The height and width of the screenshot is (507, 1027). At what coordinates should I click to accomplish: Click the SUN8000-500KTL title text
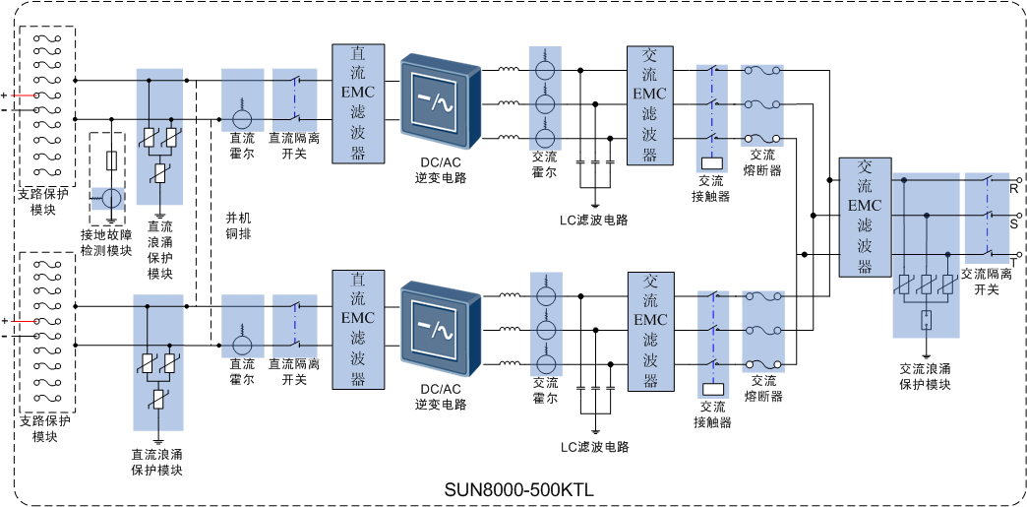click(x=518, y=488)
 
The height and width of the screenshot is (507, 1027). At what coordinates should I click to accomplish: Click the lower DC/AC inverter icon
click(x=440, y=329)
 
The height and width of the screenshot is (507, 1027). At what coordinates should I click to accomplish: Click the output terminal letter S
click(x=1013, y=222)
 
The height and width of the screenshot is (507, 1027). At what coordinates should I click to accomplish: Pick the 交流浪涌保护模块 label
click(x=925, y=376)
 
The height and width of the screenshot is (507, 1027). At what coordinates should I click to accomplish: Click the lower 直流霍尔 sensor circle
click(x=242, y=345)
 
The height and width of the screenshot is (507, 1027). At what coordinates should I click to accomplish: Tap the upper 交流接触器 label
click(x=710, y=188)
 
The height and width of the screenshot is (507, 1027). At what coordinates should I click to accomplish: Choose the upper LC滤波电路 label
click(x=594, y=220)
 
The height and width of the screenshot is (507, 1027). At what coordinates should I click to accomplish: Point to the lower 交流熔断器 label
click(x=763, y=389)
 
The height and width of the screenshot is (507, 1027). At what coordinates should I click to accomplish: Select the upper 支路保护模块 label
click(x=43, y=202)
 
